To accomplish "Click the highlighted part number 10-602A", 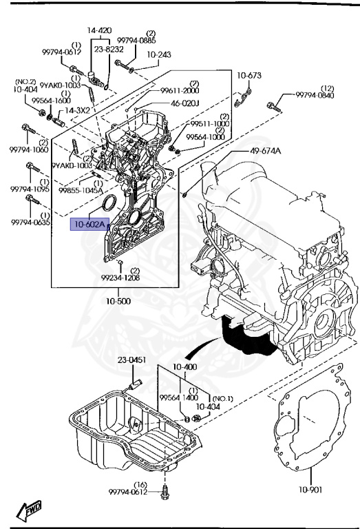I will click(x=89, y=224).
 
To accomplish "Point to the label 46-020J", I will click(x=184, y=104).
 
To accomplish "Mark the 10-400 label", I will click(x=184, y=366).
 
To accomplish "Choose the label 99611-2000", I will click(x=180, y=90).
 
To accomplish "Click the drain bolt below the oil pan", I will click(x=165, y=494).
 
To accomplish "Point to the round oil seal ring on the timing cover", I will click(x=109, y=205).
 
